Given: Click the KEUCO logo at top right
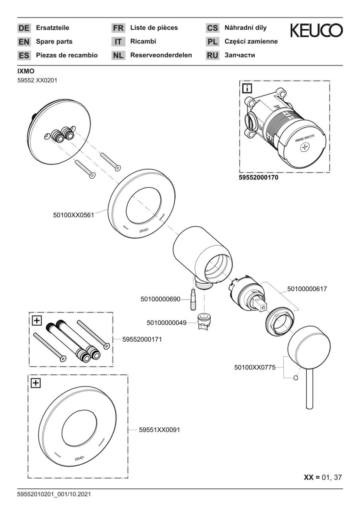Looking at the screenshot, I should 316,31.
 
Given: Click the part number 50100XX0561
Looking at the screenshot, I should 74,214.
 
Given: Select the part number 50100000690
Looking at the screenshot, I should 160,299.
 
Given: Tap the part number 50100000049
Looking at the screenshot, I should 167,322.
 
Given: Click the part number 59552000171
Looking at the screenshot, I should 142,338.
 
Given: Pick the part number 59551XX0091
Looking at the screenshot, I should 159,430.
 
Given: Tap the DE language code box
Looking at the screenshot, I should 24,28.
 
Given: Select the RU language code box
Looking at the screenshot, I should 213,56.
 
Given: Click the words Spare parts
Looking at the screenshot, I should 54,41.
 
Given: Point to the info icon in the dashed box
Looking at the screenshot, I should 247,88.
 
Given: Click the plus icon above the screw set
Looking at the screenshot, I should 37,320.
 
